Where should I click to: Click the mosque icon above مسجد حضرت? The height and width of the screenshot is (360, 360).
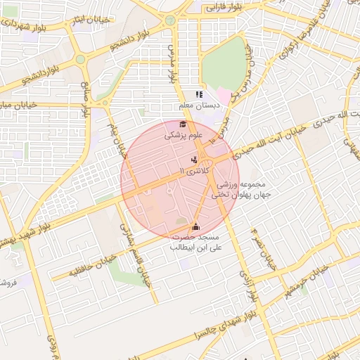click(x=195, y=226)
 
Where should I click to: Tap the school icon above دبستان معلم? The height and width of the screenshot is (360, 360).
click(x=199, y=94)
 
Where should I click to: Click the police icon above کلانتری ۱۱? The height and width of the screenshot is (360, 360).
click(x=194, y=160)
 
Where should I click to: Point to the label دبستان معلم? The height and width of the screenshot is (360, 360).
click(x=198, y=105)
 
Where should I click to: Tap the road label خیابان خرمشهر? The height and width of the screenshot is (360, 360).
click(x=324, y=281)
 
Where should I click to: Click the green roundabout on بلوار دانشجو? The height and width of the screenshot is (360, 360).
click(x=81, y=59)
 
